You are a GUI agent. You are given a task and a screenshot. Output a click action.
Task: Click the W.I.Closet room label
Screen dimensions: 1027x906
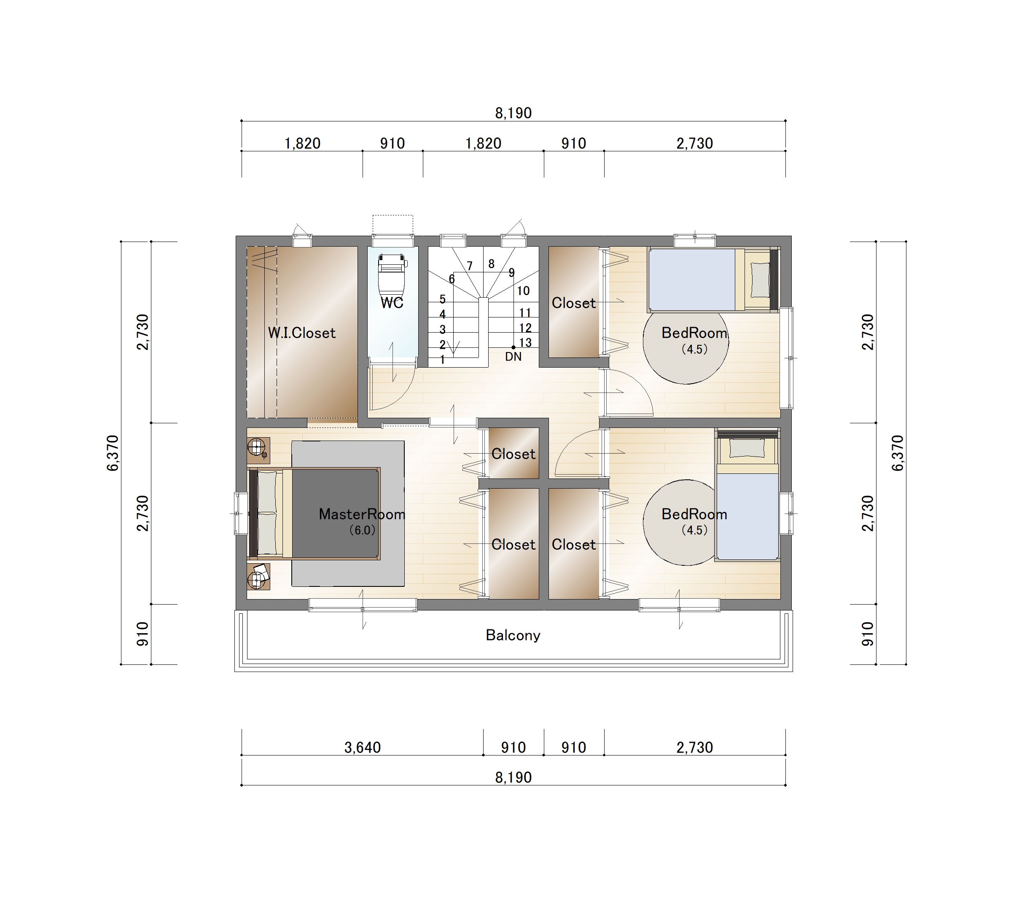301,333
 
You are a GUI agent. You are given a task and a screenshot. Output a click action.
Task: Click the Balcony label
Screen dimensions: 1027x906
513,635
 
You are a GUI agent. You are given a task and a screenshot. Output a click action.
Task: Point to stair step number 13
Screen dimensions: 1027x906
525,343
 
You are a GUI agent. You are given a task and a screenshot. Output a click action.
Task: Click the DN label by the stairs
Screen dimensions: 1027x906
513,357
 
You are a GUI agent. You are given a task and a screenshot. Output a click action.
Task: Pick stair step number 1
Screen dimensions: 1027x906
442,360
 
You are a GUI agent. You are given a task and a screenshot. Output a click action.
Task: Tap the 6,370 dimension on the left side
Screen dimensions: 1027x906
113,453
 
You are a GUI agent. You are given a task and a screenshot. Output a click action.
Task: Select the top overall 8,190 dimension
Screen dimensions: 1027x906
513,113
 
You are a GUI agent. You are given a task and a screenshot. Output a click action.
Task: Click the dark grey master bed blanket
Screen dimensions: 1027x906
335,513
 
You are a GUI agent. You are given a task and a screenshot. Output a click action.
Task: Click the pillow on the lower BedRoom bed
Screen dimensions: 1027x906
747,448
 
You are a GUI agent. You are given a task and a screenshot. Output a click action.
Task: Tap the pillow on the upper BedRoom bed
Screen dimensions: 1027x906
760,280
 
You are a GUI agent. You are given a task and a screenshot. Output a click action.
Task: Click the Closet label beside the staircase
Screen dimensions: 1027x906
573,303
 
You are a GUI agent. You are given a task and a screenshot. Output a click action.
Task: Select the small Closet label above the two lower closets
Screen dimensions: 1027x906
513,454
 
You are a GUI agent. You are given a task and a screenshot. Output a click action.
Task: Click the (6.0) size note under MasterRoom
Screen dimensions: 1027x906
362,530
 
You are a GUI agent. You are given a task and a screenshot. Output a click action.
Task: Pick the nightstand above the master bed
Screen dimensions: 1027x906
258,450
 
